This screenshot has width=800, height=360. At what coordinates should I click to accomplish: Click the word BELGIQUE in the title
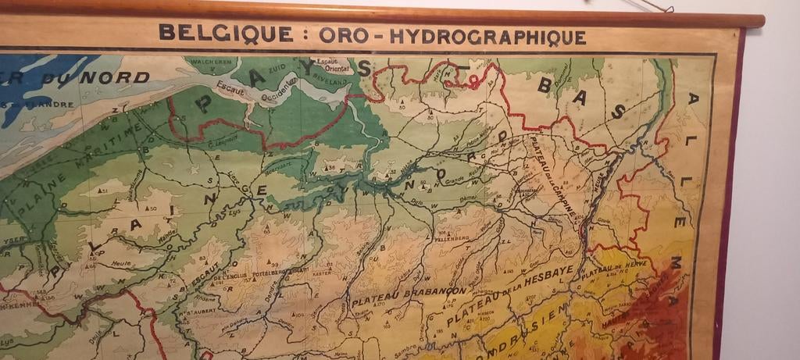pos(205,34)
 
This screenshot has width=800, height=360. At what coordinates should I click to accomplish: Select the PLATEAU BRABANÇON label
pos(409,296)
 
